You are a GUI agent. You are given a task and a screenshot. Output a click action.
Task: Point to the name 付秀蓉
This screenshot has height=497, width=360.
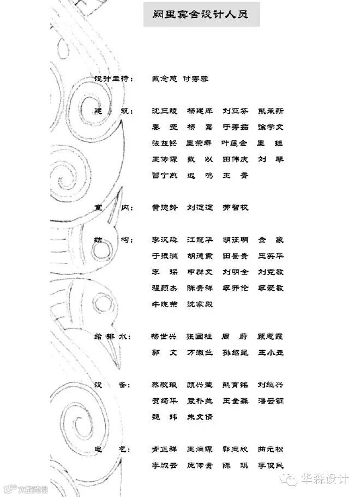point(195,79)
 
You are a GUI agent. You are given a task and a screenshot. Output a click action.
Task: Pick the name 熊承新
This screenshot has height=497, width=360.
point(271,111)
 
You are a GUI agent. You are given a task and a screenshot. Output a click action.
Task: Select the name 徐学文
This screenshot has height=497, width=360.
point(271,127)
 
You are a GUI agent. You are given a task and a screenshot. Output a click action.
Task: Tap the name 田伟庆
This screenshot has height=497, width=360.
point(235,159)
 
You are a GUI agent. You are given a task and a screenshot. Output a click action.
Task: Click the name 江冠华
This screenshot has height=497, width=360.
point(200,239)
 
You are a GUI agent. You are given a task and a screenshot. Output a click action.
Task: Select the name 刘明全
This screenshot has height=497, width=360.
point(235,272)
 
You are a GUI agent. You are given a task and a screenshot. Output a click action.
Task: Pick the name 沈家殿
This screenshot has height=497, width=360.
point(200,304)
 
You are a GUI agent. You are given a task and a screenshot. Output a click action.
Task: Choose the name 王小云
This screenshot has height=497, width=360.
point(271,352)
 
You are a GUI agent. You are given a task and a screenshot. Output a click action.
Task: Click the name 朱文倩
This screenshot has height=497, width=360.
point(200,417)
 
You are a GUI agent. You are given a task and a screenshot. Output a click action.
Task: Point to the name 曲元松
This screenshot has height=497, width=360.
point(271,450)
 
